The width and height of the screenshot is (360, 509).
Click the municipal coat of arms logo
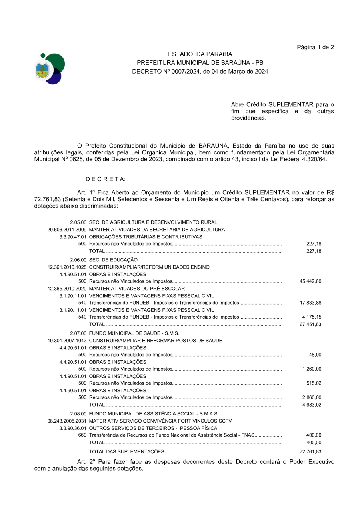click(50, 68)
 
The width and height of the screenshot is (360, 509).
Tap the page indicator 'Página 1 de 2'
click(315, 47)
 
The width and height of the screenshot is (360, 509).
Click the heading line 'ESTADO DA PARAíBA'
click(200, 54)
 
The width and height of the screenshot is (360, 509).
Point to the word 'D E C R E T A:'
click(106, 179)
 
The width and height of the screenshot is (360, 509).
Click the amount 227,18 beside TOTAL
click(314, 251)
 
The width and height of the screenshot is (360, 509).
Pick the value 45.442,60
click(310, 281)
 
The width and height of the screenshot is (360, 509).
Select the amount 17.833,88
click(310, 303)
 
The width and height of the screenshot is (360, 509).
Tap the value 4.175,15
click(312, 317)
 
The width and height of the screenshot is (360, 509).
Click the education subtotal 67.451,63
click(310, 324)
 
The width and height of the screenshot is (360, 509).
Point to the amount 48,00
click(315, 355)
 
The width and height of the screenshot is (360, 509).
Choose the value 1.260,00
click(312, 369)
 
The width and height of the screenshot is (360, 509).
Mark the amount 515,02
click(314, 383)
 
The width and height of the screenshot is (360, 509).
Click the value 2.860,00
click(312, 397)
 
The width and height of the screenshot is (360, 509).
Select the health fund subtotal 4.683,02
click(312, 405)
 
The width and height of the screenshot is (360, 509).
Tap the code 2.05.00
click(78, 222)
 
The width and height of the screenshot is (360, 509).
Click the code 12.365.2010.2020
click(67, 289)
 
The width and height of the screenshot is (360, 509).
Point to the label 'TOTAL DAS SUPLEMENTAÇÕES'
click(126, 452)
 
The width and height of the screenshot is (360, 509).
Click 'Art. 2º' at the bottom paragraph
click(86, 461)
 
